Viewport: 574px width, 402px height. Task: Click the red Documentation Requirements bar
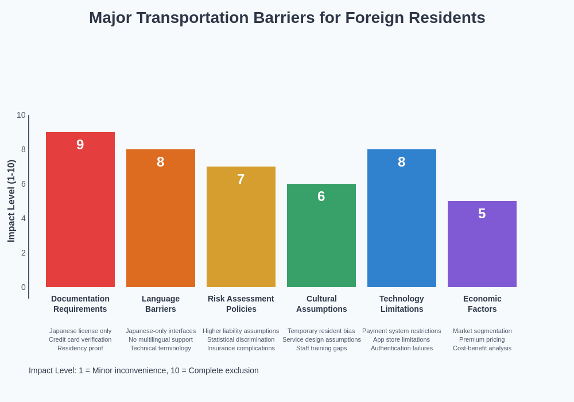[80, 218]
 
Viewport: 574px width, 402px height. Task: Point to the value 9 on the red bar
[80, 145]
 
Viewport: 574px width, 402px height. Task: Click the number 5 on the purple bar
[482, 214]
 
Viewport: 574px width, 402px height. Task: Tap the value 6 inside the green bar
[321, 196]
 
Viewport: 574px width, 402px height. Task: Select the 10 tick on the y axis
[21, 115]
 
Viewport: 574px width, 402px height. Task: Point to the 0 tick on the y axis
[24, 287]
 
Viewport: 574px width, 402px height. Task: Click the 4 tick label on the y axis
[24, 218]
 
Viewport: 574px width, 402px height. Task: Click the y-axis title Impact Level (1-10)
[11, 201]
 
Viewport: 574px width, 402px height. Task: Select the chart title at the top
[287, 18]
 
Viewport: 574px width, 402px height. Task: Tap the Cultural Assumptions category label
[321, 304]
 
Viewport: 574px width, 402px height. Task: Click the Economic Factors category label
[482, 304]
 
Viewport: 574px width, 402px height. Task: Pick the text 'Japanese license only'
[80, 331]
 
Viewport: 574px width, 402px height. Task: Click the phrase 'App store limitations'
[401, 339]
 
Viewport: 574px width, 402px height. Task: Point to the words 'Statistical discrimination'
[241, 339]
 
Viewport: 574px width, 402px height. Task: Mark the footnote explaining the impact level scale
[143, 370]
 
